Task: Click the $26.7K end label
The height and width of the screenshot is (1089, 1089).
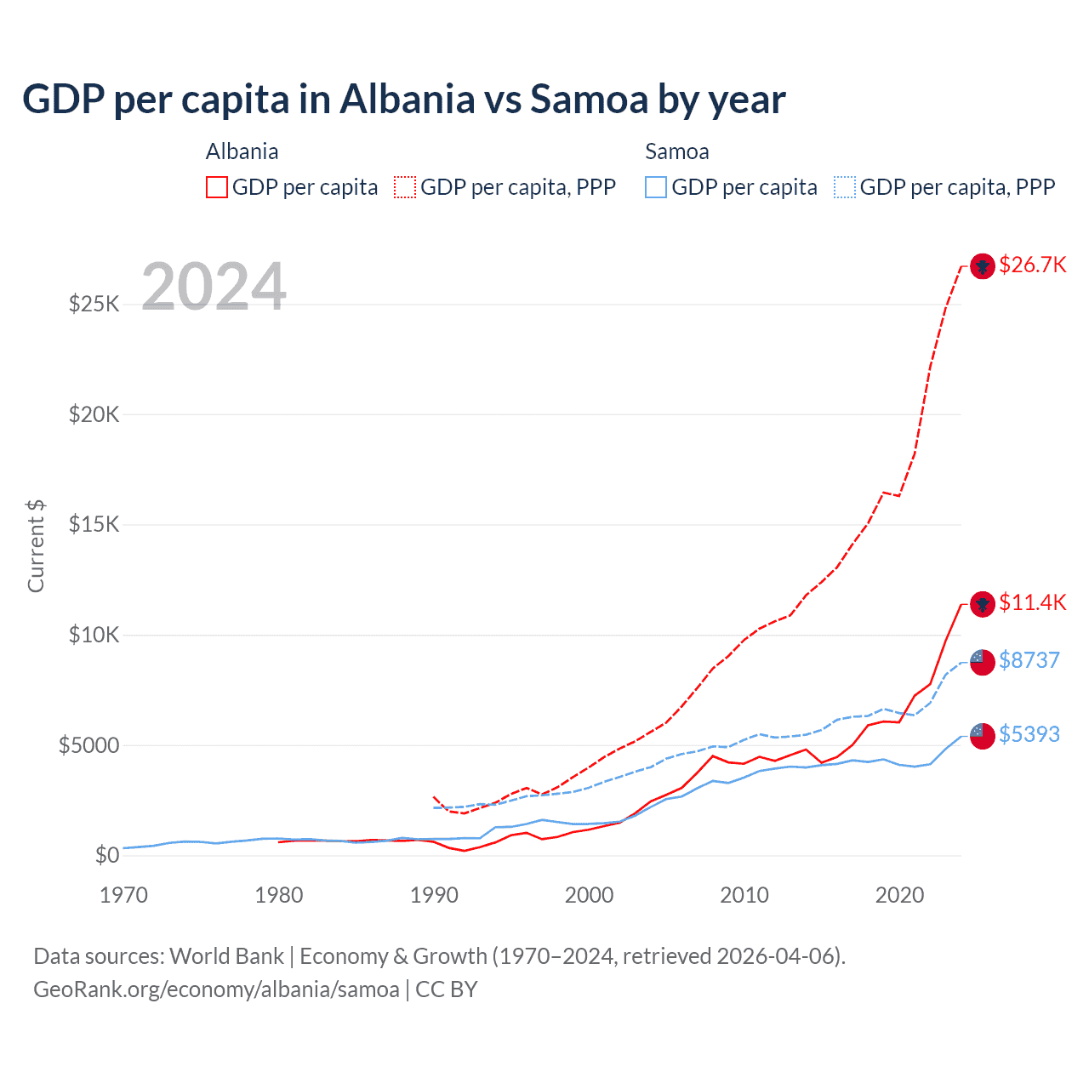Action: coord(1032,265)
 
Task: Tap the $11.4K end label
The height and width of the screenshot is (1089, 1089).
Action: coord(1032,603)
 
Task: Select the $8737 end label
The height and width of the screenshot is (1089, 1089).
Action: coord(1029,661)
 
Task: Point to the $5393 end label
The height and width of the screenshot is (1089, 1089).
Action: coord(1029,735)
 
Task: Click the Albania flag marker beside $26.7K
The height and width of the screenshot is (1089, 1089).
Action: coord(983,266)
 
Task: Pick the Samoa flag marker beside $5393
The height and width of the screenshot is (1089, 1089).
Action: coord(983,736)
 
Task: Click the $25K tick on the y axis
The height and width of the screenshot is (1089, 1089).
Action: coord(94,304)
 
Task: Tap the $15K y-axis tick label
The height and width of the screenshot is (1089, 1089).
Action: coord(94,524)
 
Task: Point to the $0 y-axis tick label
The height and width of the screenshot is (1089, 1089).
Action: coord(106,855)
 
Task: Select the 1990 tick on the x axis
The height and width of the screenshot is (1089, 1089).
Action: coord(434,895)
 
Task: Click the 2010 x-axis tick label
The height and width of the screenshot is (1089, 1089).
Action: coord(744,895)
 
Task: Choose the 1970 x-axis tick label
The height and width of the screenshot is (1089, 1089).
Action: coord(124,895)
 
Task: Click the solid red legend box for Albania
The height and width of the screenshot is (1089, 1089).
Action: coord(217,187)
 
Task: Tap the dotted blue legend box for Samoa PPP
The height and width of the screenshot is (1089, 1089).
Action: coord(845,187)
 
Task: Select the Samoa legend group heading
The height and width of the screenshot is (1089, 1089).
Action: coord(676,152)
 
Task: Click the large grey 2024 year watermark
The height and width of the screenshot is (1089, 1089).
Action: coord(214,287)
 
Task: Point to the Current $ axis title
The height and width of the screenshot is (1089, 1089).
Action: coord(36,546)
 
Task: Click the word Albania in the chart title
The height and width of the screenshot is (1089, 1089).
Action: coord(407,100)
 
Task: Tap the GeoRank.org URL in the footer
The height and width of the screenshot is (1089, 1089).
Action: coord(216,989)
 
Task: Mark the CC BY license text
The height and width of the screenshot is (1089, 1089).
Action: coord(447,989)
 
